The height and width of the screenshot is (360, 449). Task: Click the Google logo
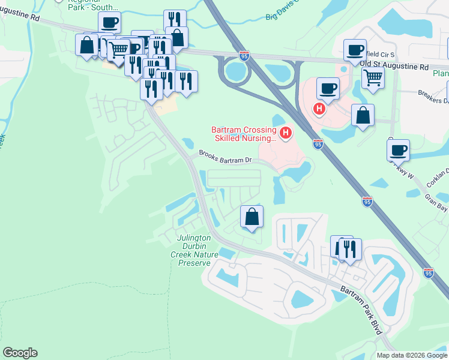[20, 353]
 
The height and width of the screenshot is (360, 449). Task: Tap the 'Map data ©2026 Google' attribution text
[412, 355]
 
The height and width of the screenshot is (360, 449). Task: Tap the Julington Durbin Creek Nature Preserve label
[193, 250]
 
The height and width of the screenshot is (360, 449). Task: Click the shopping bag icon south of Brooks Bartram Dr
[252, 217]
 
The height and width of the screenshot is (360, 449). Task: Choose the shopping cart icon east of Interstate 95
[373, 77]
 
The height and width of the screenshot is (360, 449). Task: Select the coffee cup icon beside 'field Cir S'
[355, 50]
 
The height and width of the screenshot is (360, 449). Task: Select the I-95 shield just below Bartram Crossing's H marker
[318, 144]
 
